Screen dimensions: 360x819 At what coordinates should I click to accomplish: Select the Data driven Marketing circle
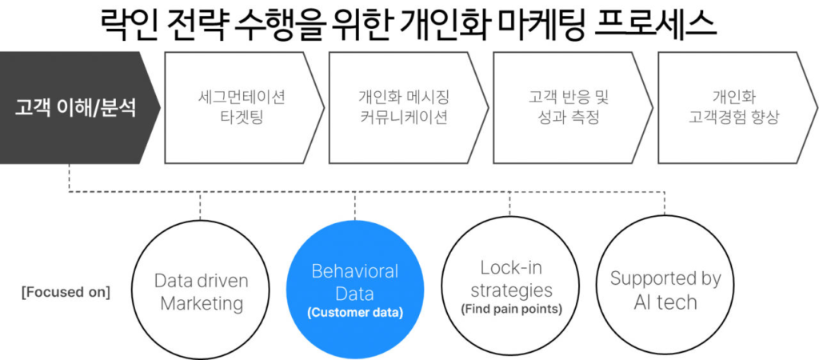201,291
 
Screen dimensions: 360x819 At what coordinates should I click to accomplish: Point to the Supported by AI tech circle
665,290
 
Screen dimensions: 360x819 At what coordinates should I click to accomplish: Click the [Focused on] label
66,291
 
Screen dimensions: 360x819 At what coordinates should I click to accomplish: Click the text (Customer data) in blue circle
354,313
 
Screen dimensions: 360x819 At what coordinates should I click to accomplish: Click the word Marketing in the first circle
201,303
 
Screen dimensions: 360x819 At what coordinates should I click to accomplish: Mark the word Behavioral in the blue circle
354,271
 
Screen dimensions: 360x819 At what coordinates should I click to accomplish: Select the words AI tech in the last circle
665,302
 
